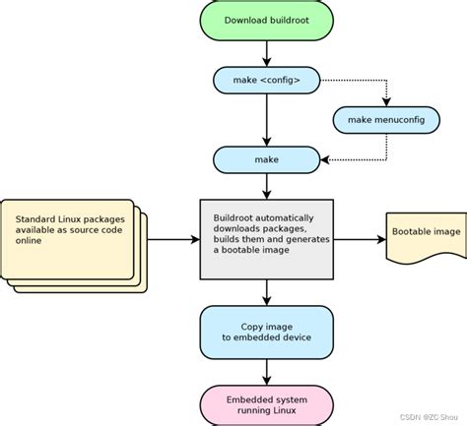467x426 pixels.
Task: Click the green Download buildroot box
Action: pos(266,20)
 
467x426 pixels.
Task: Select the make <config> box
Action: pos(266,79)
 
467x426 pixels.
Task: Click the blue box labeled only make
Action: pos(266,158)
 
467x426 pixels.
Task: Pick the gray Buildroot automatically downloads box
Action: pos(266,238)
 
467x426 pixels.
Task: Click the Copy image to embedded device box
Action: pos(266,332)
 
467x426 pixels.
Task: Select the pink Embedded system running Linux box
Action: pos(266,405)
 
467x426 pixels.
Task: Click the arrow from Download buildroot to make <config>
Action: pos(266,52)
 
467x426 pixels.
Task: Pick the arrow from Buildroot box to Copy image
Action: pos(266,291)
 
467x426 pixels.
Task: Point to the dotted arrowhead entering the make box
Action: pos(327,158)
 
